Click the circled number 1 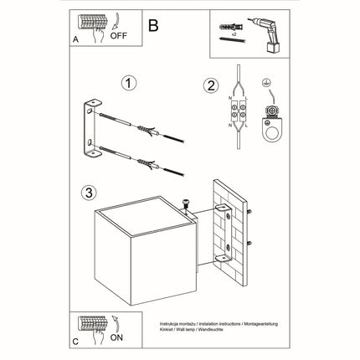(x=128, y=84)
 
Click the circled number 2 (x=211, y=85)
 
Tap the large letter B (x=152, y=25)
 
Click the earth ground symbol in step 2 (x=268, y=84)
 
